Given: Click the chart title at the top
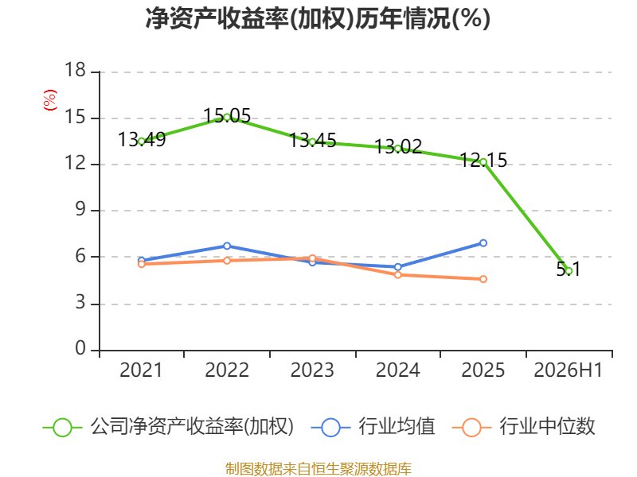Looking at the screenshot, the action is [318, 18].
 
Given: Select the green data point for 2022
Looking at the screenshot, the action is [227, 117].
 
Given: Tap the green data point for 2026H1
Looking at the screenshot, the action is [569, 270].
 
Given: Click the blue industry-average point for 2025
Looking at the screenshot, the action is [483, 243].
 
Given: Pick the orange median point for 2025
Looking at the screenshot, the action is [483, 279].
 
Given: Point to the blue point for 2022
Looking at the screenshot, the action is [227, 246].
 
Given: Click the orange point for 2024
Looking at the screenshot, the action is [397, 274].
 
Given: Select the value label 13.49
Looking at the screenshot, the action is [142, 140].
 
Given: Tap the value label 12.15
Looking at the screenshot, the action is [483, 161].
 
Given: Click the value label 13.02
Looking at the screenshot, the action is [398, 146].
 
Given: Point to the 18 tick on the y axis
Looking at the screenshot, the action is [75, 70].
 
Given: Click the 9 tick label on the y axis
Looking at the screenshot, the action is [80, 209].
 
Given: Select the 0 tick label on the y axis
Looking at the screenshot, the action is [80, 348].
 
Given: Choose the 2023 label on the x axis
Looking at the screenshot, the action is [312, 370].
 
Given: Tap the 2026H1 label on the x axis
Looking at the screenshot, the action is [568, 370].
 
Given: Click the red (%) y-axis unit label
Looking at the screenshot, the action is [50, 100].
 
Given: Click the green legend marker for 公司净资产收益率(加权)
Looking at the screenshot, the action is [63, 428].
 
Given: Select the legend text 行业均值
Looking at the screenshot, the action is [397, 427].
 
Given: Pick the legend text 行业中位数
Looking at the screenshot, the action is [547, 427].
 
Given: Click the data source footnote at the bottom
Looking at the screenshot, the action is [318, 469].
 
